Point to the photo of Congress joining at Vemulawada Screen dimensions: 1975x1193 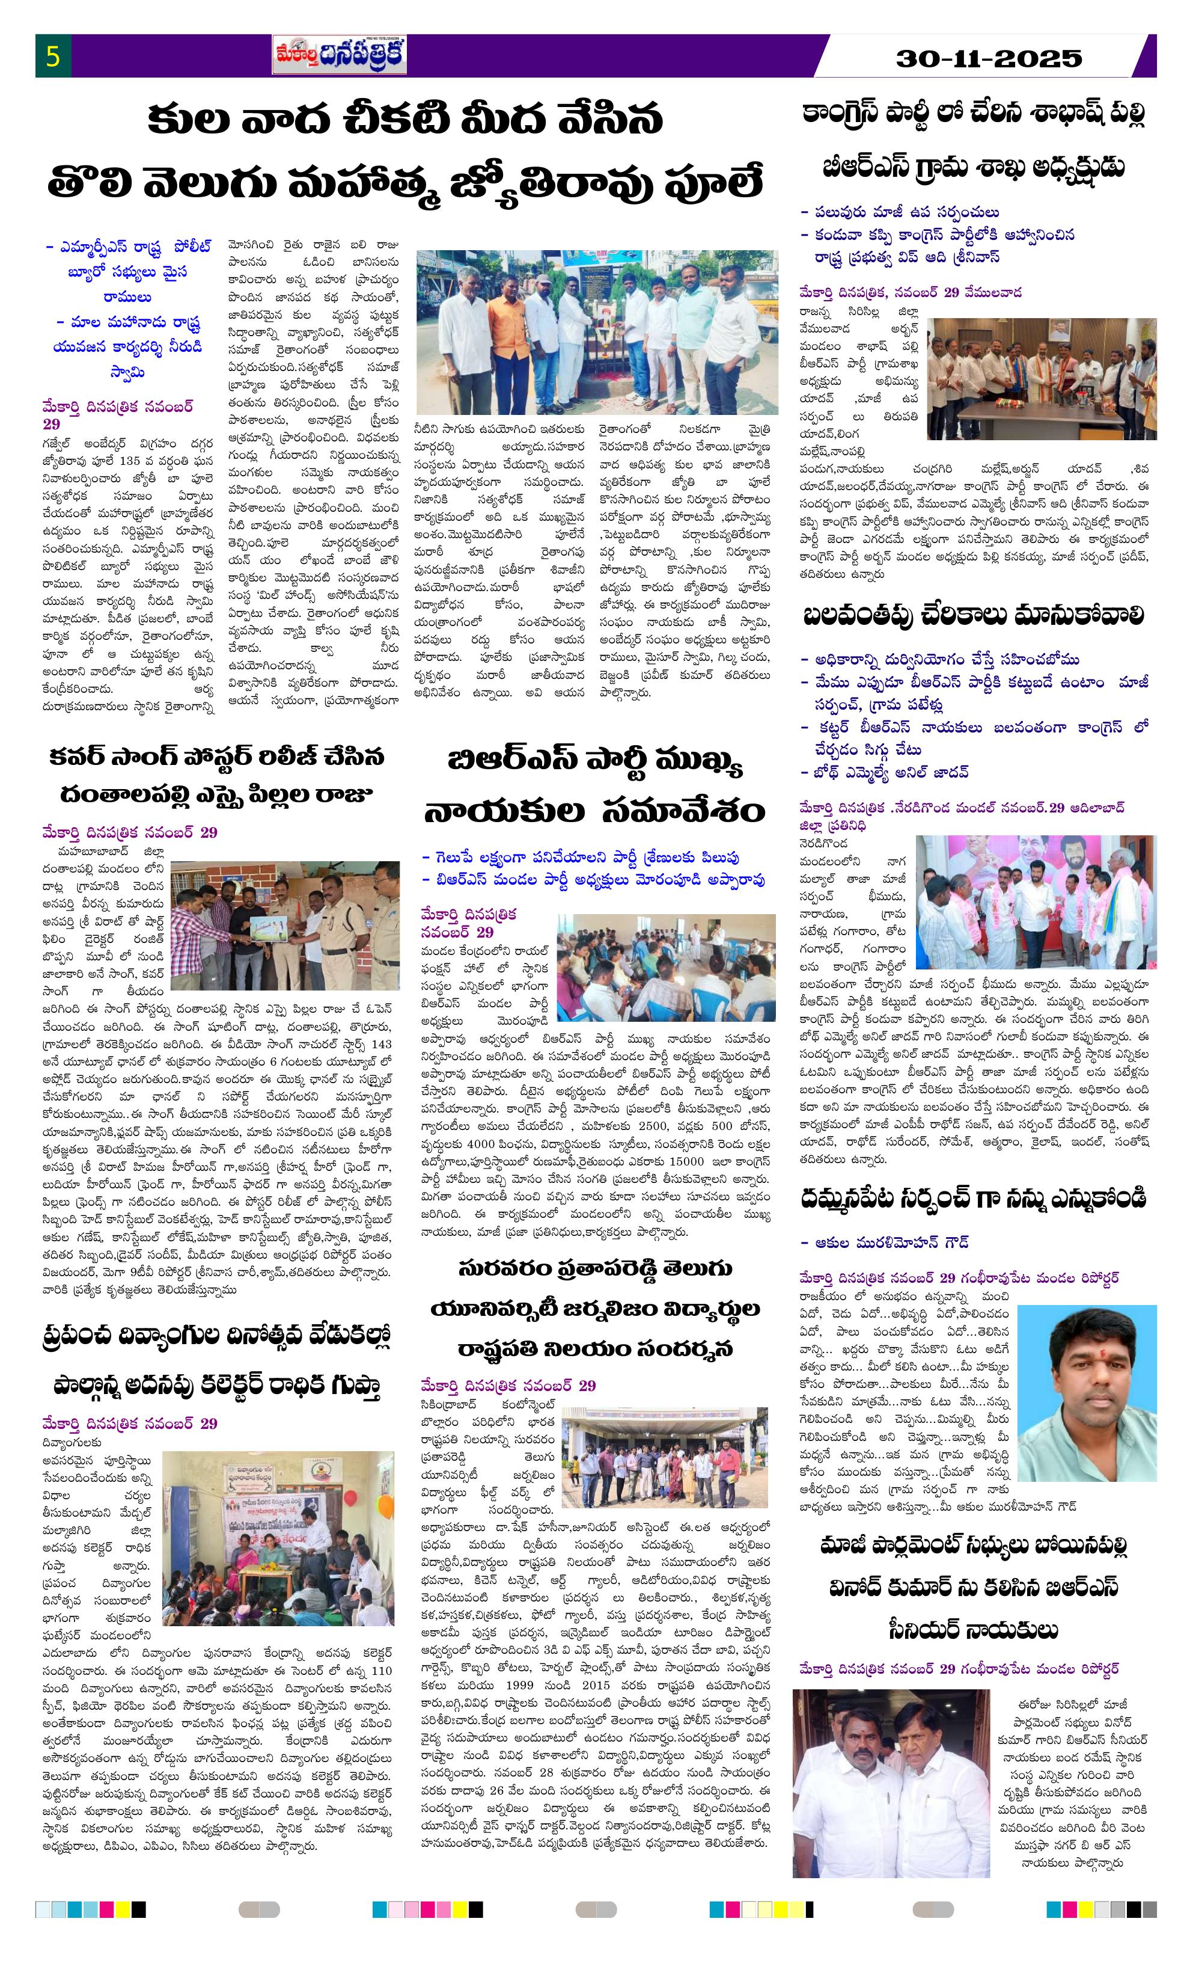[1042, 378]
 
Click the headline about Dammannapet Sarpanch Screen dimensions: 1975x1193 [974, 1199]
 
